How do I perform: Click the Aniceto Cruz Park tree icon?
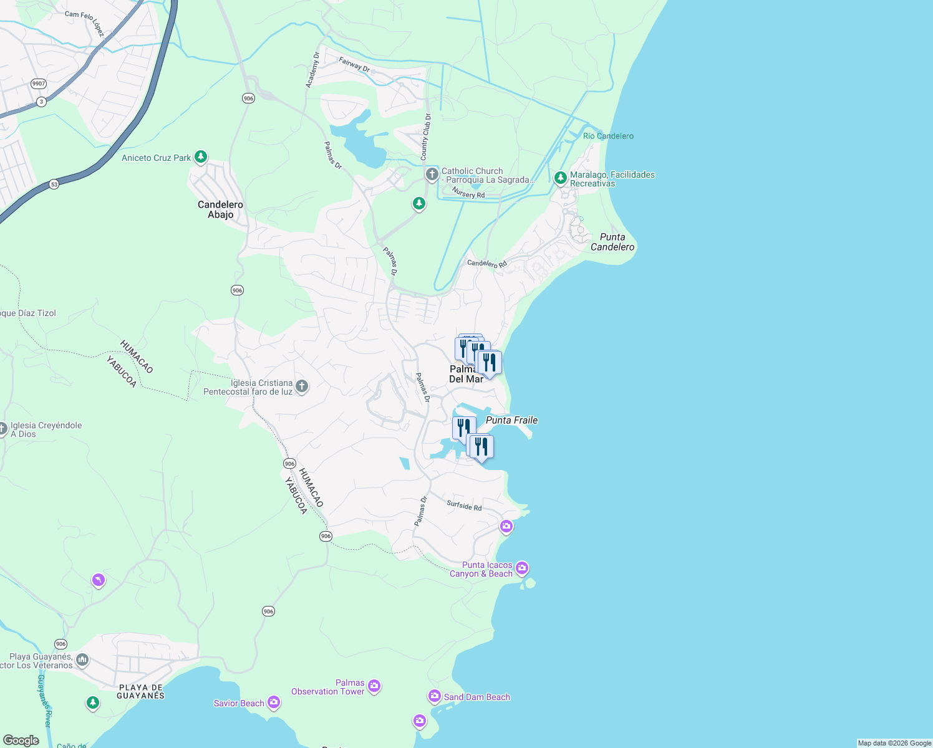pos(200,156)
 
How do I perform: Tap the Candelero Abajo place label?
pos(220,209)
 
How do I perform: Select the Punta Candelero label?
pos(612,242)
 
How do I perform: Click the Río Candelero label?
pos(608,136)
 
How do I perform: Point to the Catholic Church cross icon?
pos(432,174)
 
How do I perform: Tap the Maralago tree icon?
pos(560,178)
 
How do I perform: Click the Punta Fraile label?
pos(511,420)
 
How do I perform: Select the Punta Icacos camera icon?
pos(522,568)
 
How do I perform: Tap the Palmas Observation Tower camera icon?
pos(374,686)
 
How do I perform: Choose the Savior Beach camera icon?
pos(274,702)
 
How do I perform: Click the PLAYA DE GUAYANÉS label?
pos(140,691)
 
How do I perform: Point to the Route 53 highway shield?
pos(54,185)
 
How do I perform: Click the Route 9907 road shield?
pos(39,84)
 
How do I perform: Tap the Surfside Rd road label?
pos(464,506)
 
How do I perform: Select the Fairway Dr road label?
pos(354,64)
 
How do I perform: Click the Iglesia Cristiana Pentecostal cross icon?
pos(301,386)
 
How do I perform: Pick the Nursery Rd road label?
pos(468,193)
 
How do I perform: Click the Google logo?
pos(21,741)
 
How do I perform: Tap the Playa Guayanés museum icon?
pos(82,659)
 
